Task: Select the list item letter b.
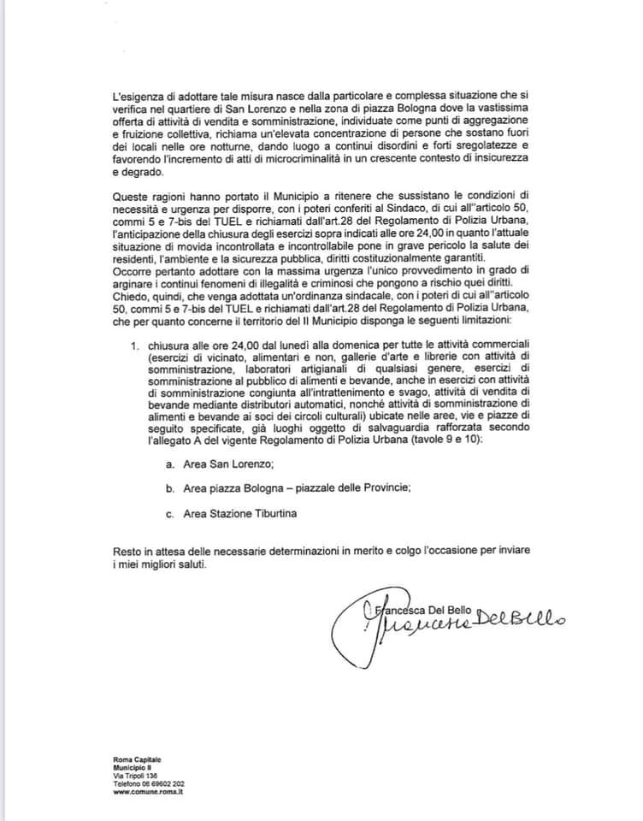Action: coord(171,487)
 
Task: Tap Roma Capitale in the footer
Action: coord(136,759)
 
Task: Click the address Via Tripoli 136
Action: coord(136,776)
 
